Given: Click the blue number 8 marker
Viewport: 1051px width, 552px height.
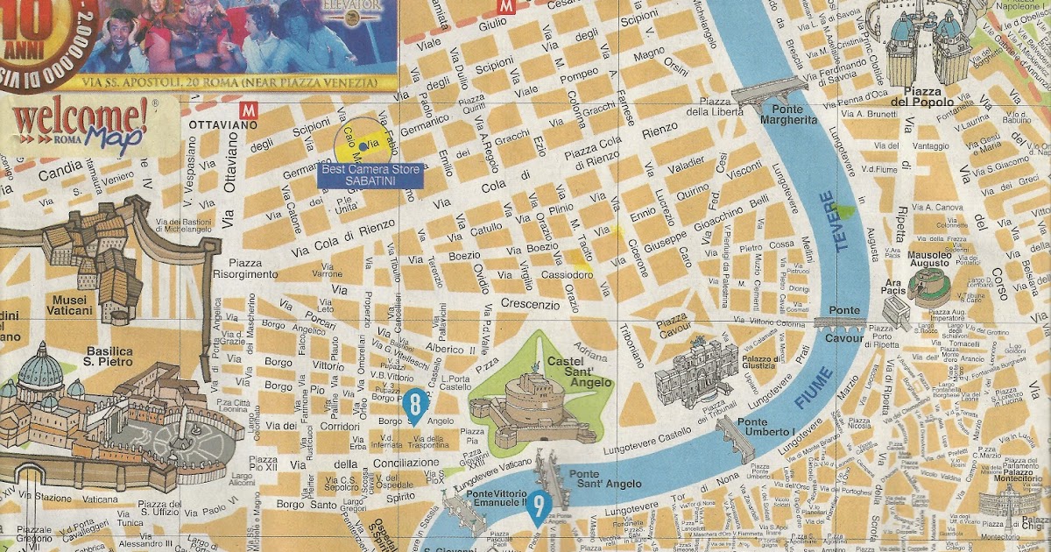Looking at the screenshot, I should click(415, 404).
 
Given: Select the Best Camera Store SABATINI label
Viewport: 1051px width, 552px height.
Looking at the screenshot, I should click(370, 174).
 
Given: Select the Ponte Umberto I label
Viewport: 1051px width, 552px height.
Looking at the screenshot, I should click(765, 427).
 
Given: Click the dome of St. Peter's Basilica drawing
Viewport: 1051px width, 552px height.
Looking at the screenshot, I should click(42, 368).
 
